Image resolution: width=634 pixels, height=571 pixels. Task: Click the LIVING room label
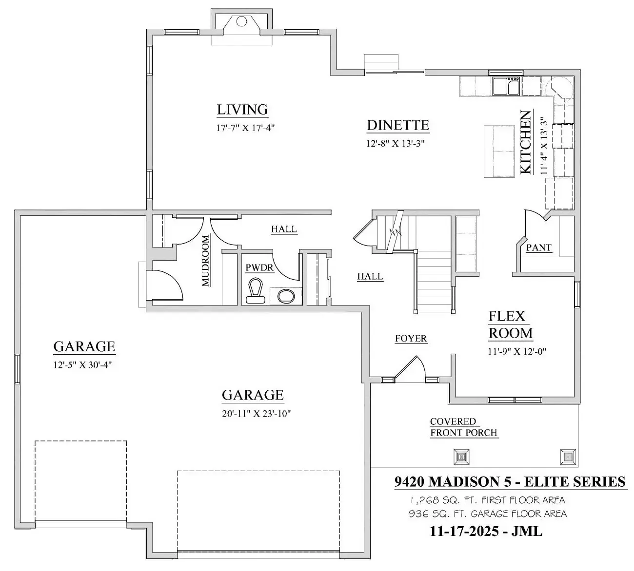pos(242,110)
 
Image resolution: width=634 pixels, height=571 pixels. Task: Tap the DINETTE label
pos(398,125)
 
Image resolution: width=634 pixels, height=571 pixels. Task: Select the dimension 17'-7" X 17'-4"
pos(246,128)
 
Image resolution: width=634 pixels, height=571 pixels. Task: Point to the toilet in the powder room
pos(256,290)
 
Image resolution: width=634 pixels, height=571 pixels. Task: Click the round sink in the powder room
pos(286,296)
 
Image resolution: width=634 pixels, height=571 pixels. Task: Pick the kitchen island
pos(499,151)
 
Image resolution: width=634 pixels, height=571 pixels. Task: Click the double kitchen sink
pos(506,87)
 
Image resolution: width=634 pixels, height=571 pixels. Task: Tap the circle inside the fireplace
pos(242,21)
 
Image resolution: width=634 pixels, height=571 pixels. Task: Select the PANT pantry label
pos(539,247)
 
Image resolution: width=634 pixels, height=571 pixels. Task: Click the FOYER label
pos(411,339)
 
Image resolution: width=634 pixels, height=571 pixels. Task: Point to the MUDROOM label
pos(205,261)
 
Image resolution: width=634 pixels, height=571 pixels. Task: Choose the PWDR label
pos(259,268)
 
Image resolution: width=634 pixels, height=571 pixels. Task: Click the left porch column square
pos(461,457)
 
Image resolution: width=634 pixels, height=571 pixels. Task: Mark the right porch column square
pos(568,457)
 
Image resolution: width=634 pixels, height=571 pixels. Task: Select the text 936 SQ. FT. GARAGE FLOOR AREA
pos(488,514)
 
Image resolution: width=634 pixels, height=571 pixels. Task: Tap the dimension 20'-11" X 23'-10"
pos(257,414)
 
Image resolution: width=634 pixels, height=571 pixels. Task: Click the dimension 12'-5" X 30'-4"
pos(82,365)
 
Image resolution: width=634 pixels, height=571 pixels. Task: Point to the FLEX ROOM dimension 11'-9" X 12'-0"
pos(517,351)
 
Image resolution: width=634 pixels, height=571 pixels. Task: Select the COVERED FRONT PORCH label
pos(464,427)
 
